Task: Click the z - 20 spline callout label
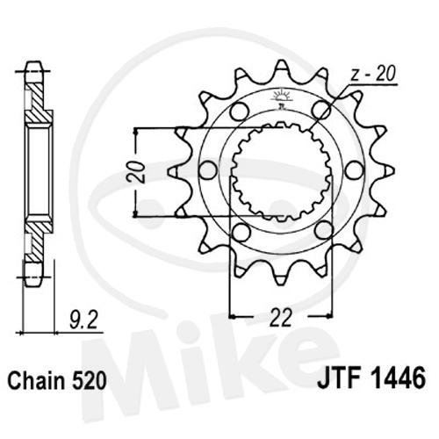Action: click(x=373, y=74)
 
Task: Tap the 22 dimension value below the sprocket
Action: click(x=281, y=317)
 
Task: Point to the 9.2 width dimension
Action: click(x=83, y=320)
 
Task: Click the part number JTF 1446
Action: click(x=371, y=378)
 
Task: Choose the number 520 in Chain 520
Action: click(x=89, y=381)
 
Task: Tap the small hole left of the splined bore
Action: click(x=208, y=170)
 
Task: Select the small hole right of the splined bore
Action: click(x=355, y=170)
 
